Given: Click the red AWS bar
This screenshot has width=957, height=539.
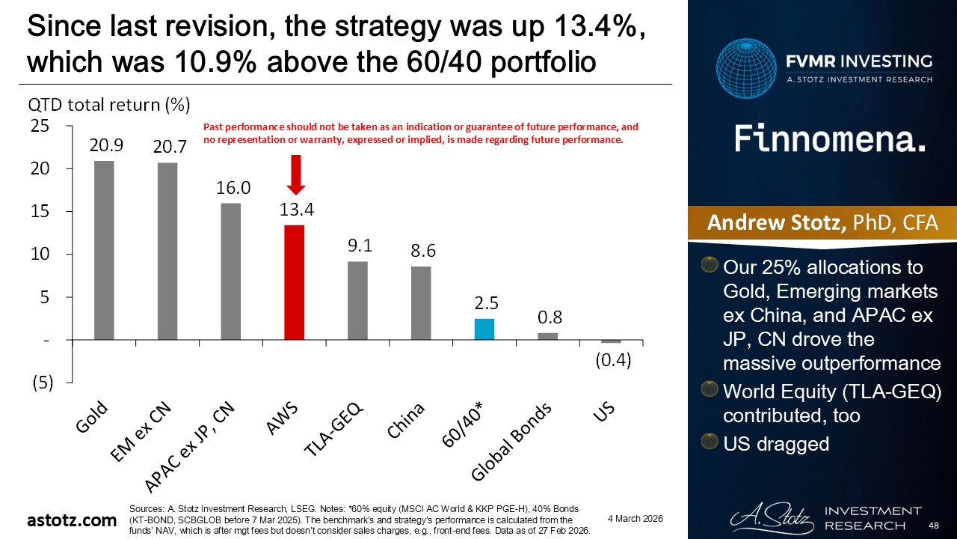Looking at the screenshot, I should click(294, 282).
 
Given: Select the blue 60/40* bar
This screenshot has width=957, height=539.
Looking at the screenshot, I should click(484, 329).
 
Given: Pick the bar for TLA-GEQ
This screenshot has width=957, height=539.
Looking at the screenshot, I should click(357, 300).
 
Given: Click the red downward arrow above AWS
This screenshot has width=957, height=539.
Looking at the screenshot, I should click(295, 174).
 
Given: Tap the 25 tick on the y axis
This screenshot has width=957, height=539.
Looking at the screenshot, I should click(40, 127).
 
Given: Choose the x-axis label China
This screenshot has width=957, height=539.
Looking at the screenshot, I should click(407, 421).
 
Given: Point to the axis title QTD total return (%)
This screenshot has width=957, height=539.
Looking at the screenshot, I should click(108, 105).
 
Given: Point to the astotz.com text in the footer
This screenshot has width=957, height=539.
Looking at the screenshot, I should click(73, 520).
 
